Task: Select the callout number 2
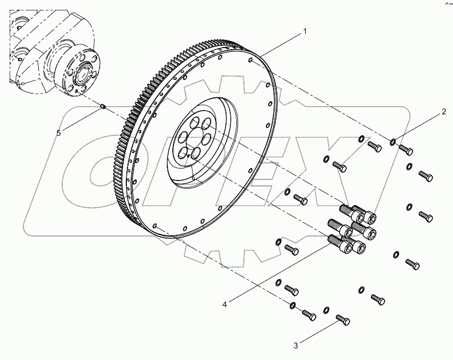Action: pos(444,114)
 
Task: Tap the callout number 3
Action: pos(295,345)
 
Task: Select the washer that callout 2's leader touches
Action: pos(393,143)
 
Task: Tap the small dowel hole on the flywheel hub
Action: pos(188,155)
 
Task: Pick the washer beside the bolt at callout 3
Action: pos(327,310)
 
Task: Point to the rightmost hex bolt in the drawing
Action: pos(426,176)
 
